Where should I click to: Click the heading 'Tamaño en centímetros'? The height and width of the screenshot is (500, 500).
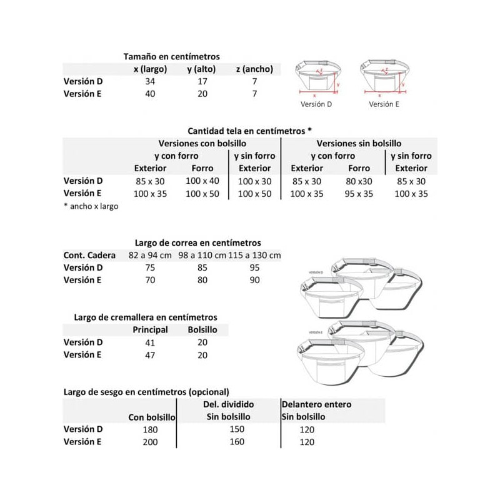(x=171, y=57)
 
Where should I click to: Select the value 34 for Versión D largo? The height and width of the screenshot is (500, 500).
(x=150, y=82)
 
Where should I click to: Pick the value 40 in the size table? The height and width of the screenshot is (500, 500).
(x=150, y=94)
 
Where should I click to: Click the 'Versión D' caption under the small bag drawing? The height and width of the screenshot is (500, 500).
(x=316, y=105)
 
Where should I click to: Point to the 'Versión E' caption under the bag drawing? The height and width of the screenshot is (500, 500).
(x=384, y=105)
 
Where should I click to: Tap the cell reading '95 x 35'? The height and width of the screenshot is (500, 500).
(x=359, y=194)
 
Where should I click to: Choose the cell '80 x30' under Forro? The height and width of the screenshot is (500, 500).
(x=359, y=181)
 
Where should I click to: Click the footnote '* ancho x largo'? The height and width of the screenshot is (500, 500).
(x=91, y=206)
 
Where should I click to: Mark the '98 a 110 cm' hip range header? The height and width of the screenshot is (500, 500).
(x=201, y=255)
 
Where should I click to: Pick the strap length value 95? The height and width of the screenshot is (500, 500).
(x=253, y=267)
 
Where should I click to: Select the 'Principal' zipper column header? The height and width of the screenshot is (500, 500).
(x=151, y=329)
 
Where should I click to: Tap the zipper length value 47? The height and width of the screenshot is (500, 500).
(x=151, y=354)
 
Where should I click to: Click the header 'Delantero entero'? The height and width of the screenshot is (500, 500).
(x=317, y=404)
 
